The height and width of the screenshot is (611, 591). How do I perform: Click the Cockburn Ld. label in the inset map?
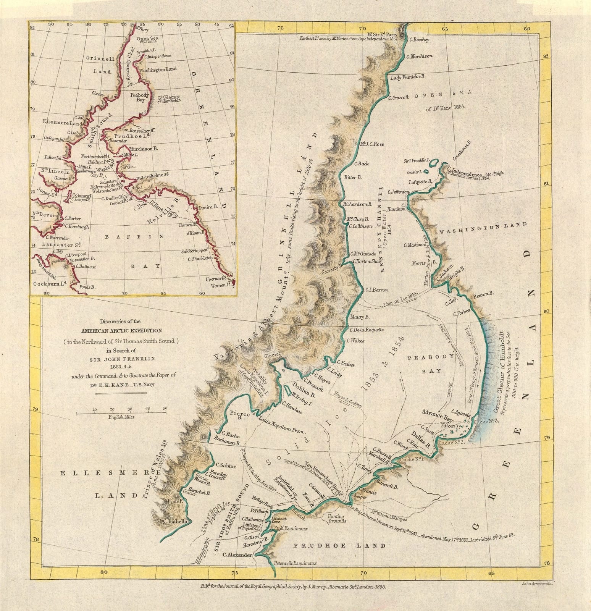(x=50, y=283)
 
